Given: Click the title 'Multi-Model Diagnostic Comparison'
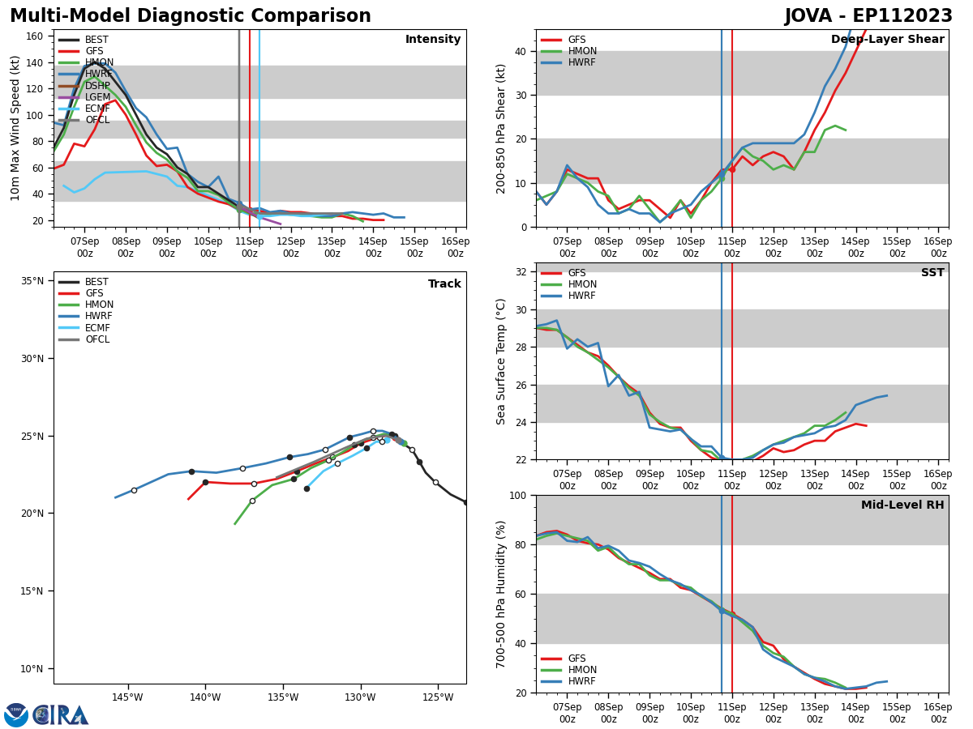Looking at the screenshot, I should pyautogui.click(x=191, y=16).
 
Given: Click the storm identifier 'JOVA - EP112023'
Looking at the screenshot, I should pyautogui.click(x=868, y=16).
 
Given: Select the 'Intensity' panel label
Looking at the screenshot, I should pyautogui.click(x=433, y=40).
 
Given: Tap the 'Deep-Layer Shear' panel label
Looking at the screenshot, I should pyautogui.click(x=887, y=40).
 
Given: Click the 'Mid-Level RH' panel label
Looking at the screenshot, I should pyautogui.click(x=902, y=505).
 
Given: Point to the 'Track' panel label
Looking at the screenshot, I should pyautogui.click(x=444, y=284).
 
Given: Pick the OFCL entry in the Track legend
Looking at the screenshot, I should pyautogui.click(x=96, y=339).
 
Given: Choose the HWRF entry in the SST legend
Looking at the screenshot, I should pyautogui.click(x=582, y=296).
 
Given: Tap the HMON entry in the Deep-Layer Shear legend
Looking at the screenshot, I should pyautogui.click(x=582, y=51).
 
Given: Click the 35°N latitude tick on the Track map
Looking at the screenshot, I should pyautogui.click(x=32, y=281).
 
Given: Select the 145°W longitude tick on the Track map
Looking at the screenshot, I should pyautogui.click(x=127, y=697).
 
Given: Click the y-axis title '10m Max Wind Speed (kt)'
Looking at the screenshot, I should pyautogui.click(x=15, y=128).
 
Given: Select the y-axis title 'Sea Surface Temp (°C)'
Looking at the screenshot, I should pyautogui.click(x=501, y=361).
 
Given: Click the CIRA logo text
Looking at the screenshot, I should pyautogui.click(x=61, y=715).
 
